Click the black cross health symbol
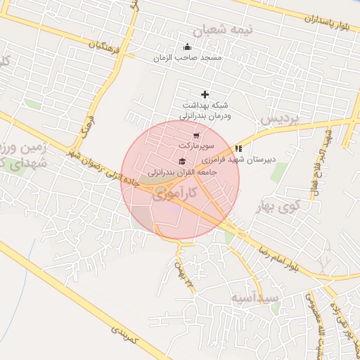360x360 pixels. point(205,94)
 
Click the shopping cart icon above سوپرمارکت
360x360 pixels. point(195,136)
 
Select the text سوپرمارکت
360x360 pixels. point(195,146)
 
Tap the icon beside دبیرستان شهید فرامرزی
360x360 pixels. point(238,149)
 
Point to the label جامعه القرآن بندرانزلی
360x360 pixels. point(181,172)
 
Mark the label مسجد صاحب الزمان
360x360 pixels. point(188,58)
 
